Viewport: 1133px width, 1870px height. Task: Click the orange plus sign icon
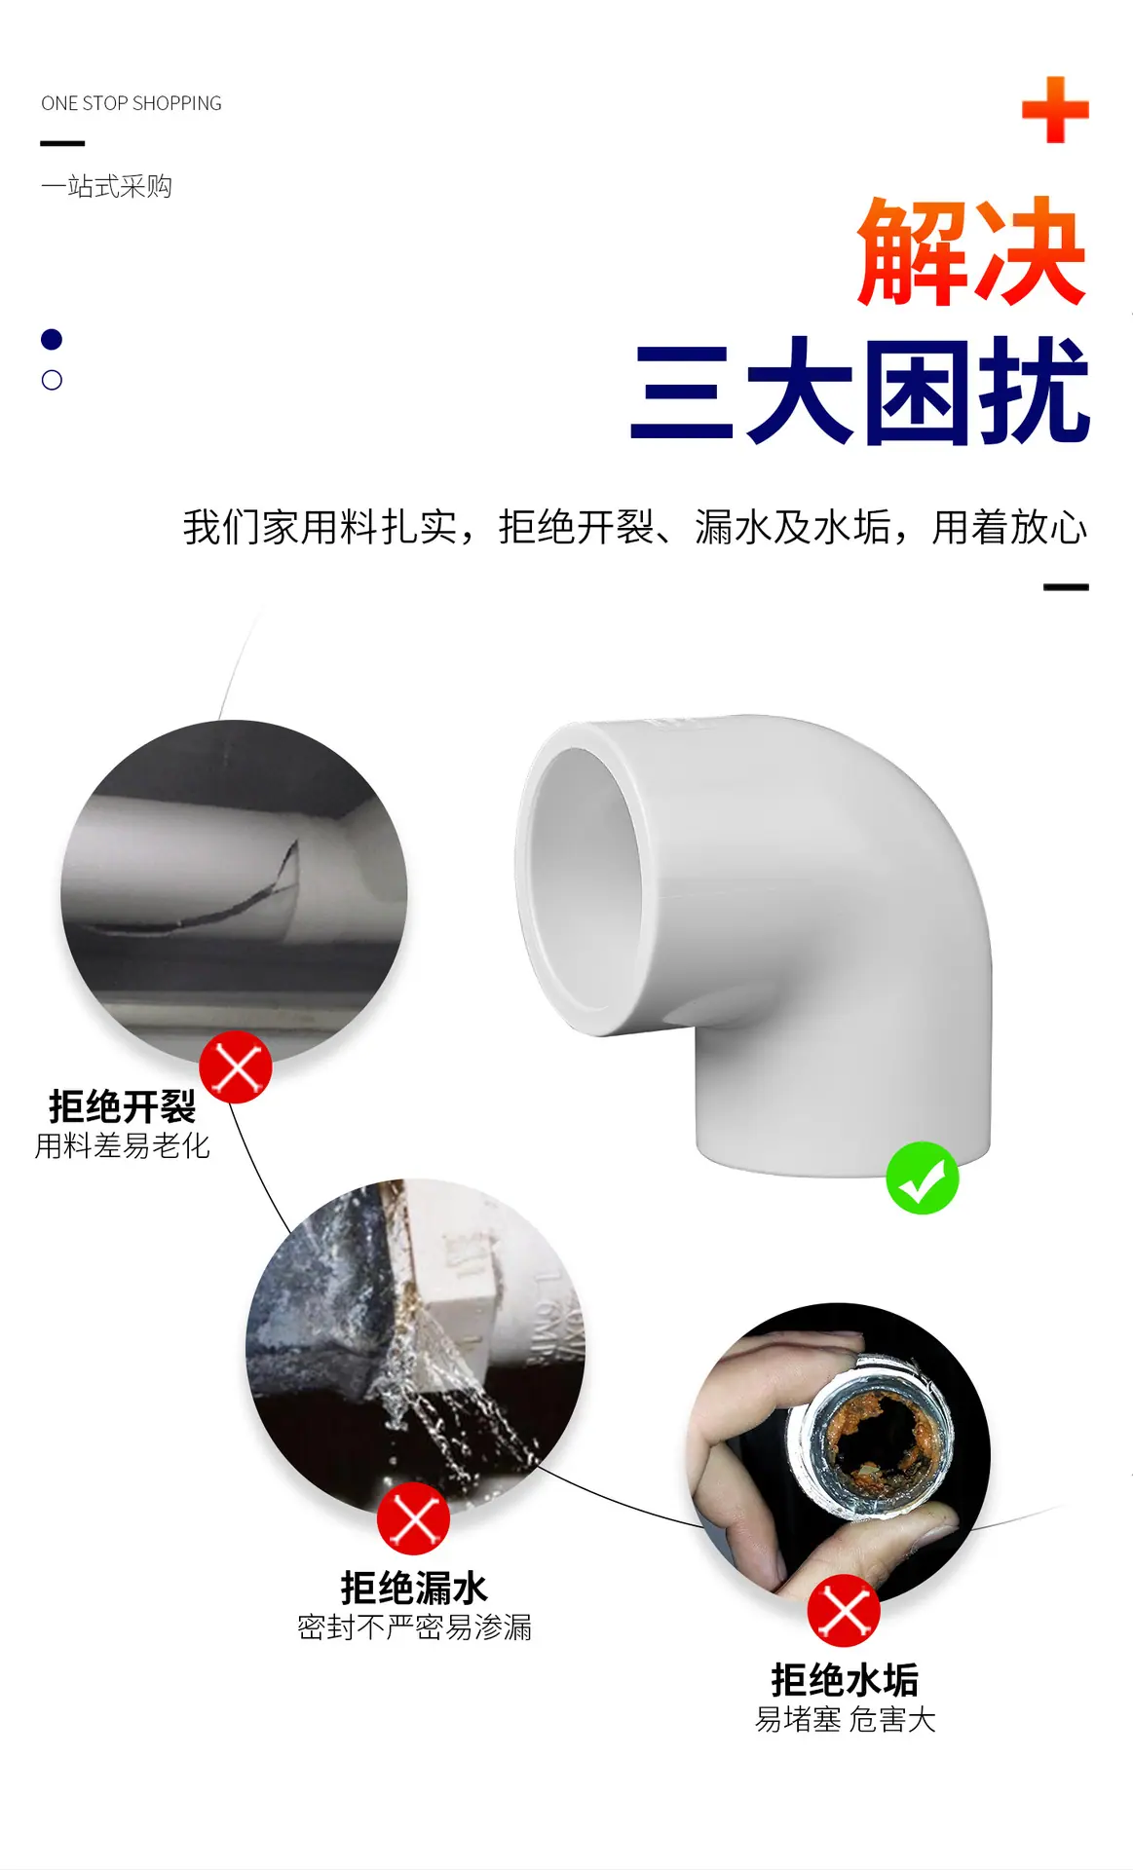[1055, 110]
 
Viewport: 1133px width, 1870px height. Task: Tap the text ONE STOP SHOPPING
[132, 103]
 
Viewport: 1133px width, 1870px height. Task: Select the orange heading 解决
[971, 252]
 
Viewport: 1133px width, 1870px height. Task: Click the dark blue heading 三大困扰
[860, 392]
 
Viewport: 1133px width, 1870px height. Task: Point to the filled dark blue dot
[52, 339]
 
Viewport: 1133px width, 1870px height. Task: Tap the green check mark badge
[923, 1178]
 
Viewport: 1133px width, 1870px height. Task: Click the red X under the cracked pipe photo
[236, 1066]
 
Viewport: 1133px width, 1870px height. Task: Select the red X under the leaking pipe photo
[414, 1518]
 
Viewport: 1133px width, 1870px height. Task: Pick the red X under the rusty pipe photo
[844, 1610]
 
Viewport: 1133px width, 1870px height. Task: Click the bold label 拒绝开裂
[123, 1106]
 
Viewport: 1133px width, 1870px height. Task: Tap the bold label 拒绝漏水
[414, 1588]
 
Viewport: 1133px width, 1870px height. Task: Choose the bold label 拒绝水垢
[845, 1680]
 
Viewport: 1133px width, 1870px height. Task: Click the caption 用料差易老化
[123, 1146]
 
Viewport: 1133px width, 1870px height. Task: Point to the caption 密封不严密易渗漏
[414, 1627]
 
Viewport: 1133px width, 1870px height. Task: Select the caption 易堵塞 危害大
[846, 1720]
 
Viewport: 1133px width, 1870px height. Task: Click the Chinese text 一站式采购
[106, 186]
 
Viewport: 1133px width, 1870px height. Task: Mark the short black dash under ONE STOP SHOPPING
[62, 143]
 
